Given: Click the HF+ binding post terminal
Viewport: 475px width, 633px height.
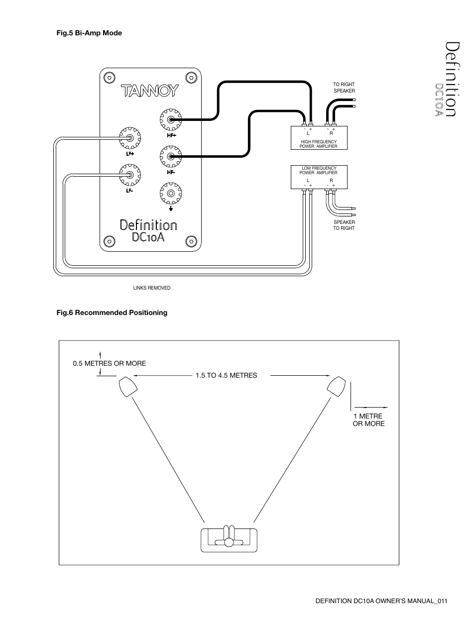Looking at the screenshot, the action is tap(171, 119).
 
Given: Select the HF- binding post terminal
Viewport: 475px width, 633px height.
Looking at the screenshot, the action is tap(171, 157).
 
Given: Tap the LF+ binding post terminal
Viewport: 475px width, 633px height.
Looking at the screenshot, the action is tap(130, 138).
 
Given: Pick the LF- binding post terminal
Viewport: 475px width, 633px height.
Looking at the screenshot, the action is tap(130, 175).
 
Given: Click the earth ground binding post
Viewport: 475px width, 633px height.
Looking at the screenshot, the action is tap(171, 193).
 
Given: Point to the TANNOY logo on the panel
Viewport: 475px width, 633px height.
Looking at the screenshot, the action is tap(150, 91).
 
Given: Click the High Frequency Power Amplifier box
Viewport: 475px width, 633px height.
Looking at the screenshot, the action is tap(319, 138).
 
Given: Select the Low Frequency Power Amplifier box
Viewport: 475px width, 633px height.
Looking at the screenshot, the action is tap(319, 177).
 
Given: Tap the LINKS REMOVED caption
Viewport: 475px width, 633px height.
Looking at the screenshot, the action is tap(152, 288).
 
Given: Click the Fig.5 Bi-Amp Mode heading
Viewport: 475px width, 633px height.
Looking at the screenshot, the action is tap(89, 33).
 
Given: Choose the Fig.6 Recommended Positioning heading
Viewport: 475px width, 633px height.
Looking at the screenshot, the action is tap(112, 313).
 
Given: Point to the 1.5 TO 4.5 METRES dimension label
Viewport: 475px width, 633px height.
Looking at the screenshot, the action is tap(226, 375).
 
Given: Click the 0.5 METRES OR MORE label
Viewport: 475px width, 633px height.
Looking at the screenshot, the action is tap(110, 363).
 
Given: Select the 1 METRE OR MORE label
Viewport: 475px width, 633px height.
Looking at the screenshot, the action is tap(368, 420).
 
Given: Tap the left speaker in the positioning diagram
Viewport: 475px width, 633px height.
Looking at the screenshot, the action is tap(128, 387).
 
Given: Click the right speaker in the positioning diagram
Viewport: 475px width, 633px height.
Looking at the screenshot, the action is tap(336, 387).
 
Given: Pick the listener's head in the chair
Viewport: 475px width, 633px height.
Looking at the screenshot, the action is tap(229, 542).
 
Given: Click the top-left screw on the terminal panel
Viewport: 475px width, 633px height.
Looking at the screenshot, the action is tap(110, 78).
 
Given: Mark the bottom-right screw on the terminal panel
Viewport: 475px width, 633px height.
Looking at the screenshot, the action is tap(191, 241).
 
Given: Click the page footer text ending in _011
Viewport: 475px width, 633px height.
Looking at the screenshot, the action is tap(381, 601).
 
